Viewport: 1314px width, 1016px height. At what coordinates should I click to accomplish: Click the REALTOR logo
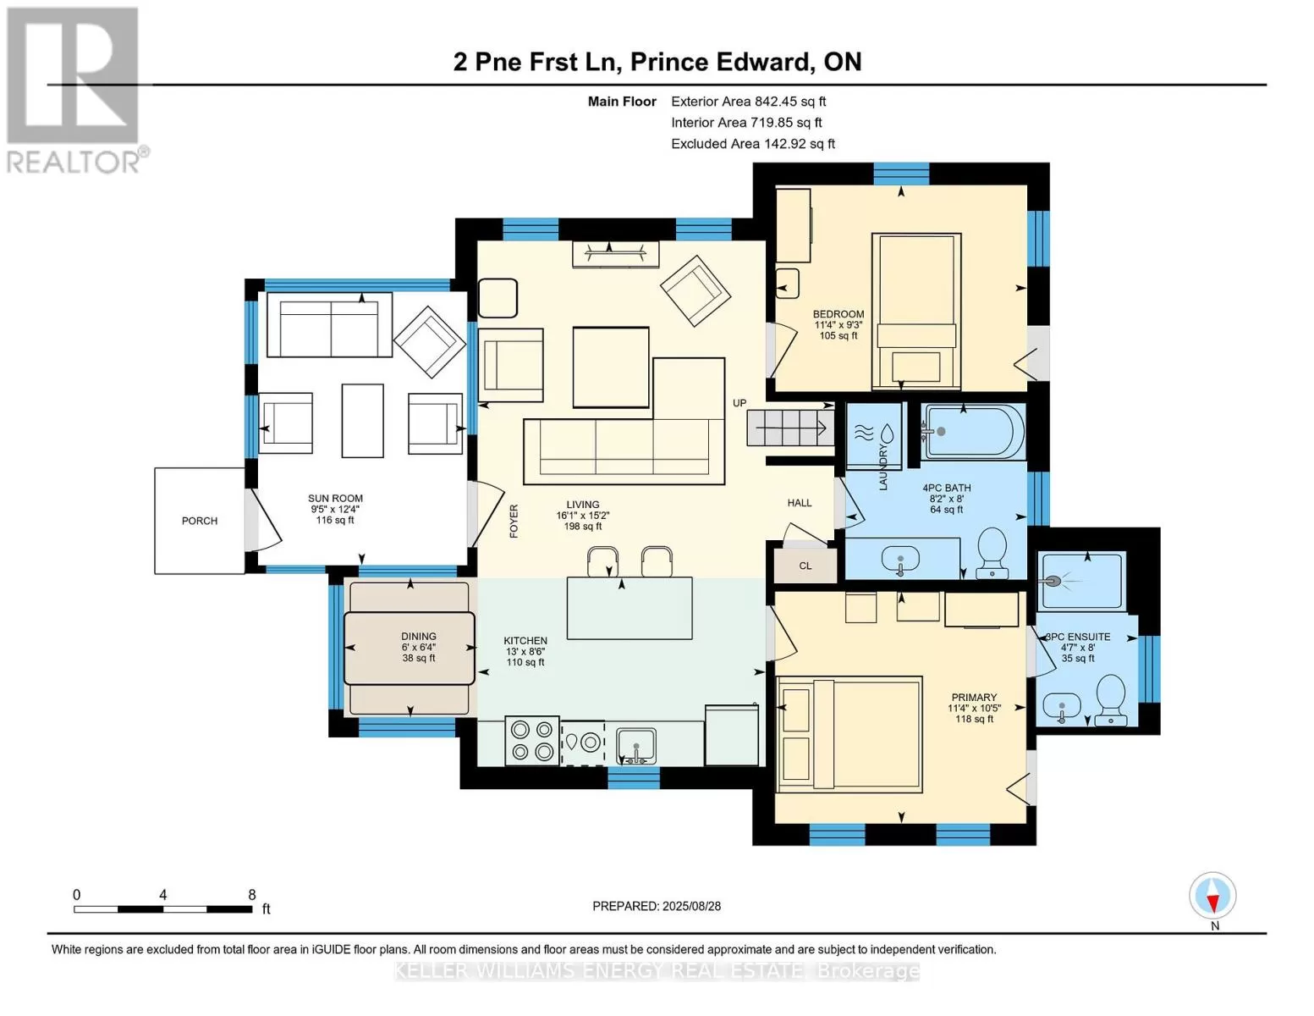tap(75, 91)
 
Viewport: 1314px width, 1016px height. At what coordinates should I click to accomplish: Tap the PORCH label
tap(200, 521)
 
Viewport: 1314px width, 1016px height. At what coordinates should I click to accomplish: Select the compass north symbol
tap(1212, 896)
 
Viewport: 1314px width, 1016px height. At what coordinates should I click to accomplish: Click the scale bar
tap(163, 908)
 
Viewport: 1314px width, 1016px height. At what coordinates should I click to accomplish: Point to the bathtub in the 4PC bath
tap(973, 432)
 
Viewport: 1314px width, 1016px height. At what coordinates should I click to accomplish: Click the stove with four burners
tap(532, 743)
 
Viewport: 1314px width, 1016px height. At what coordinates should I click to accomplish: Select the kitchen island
tap(630, 608)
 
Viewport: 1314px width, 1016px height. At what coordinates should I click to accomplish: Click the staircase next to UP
tap(790, 428)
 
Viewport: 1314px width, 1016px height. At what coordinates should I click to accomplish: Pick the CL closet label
tap(805, 566)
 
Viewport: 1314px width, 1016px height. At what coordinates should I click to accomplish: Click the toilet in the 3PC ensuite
tap(1111, 699)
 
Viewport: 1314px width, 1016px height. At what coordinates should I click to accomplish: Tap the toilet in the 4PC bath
tap(992, 553)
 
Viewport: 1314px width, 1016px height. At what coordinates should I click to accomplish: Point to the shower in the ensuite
tap(1082, 581)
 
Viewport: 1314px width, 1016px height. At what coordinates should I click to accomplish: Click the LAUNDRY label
tap(882, 467)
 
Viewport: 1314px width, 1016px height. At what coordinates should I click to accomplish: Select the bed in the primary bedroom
tap(849, 735)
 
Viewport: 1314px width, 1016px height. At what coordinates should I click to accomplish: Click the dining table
tap(410, 648)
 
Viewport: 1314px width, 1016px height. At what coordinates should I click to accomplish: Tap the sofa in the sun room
tap(330, 325)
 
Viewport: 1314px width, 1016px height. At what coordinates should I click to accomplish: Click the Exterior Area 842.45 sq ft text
tap(749, 102)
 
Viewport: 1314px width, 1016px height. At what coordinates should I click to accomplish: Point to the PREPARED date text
tap(657, 906)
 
